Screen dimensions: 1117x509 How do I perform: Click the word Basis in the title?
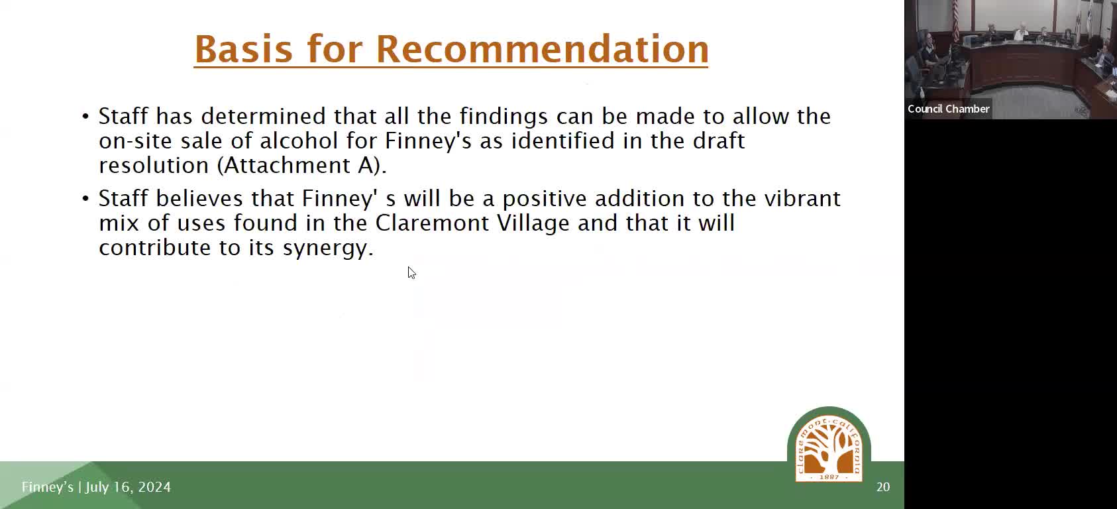click(x=243, y=49)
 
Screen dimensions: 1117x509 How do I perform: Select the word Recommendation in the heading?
click(x=542, y=49)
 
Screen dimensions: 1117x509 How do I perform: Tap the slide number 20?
click(x=883, y=487)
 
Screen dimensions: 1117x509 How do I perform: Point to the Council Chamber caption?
click(x=949, y=109)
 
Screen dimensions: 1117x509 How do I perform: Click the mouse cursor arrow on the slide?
click(x=411, y=272)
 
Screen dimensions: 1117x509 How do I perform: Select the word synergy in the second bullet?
click(x=328, y=248)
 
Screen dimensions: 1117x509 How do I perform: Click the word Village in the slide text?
click(x=533, y=223)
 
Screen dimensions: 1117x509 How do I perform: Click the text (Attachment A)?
click(x=301, y=165)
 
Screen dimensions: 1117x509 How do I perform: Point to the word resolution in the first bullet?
click(x=154, y=166)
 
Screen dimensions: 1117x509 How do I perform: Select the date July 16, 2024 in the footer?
click(x=128, y=487)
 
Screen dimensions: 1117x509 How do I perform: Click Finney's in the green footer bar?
click(x=48, y=487)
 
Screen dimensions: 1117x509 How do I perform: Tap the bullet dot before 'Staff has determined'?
click(x=85, y=117)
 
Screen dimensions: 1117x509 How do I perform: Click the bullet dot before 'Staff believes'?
click(x=85, y=199)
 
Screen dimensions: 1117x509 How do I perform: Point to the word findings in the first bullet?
click(x=503, y=117)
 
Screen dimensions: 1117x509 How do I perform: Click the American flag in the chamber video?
click(x=956, y=20)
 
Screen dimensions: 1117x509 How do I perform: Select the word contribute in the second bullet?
click(x=154, y=247)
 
